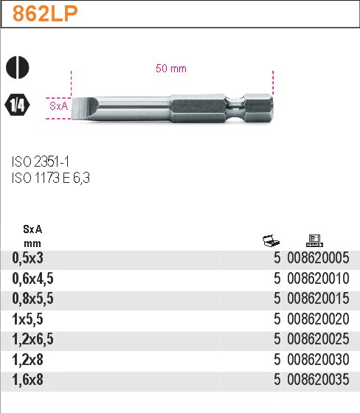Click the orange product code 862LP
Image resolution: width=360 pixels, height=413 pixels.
click(x=45, y=14)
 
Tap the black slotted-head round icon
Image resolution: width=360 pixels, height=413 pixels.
click(x=18, y=67)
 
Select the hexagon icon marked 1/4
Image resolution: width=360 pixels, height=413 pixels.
click(x=18, y=105)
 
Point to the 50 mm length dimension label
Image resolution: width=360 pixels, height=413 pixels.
click(x=171, y=69)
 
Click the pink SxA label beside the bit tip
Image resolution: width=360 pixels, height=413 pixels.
click(x=59, y=106)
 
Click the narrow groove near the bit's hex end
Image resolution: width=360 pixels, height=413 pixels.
click(x=235, y=108)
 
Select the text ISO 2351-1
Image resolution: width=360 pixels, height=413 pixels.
click(x=41, y=162)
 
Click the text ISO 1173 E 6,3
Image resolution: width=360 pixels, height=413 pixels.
click(x=51, y=178)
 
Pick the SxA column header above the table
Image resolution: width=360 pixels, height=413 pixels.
click(x=32, y=229)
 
